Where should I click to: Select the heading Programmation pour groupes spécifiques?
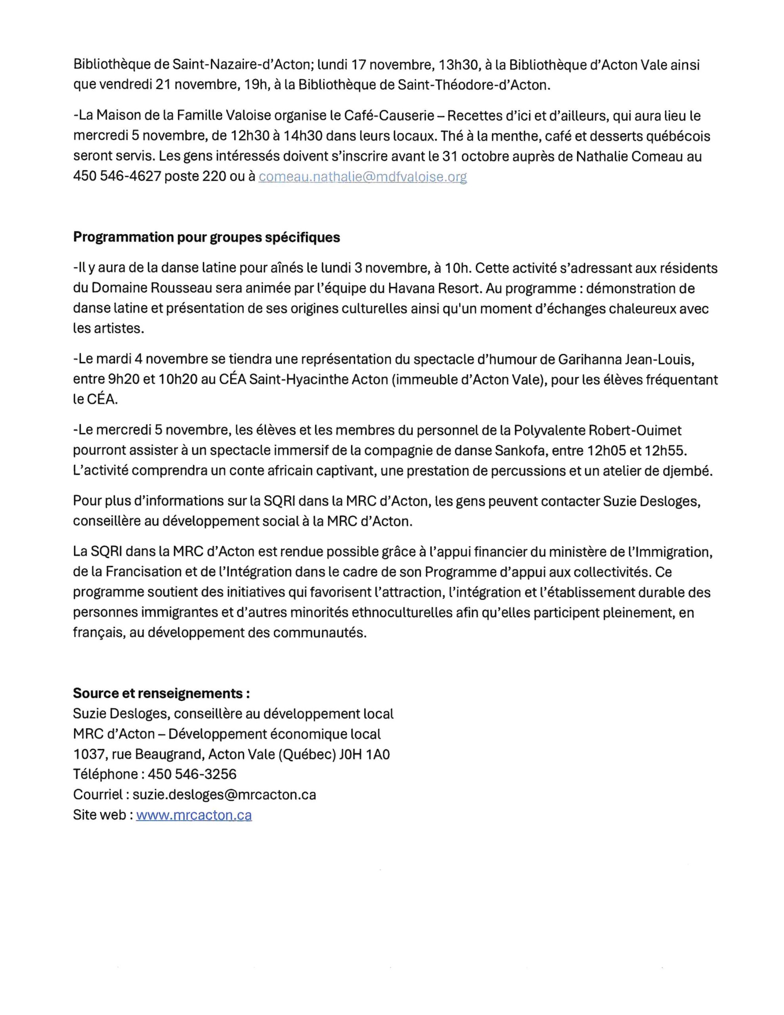point(207,237)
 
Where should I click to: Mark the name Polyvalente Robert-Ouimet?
point(597,430)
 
